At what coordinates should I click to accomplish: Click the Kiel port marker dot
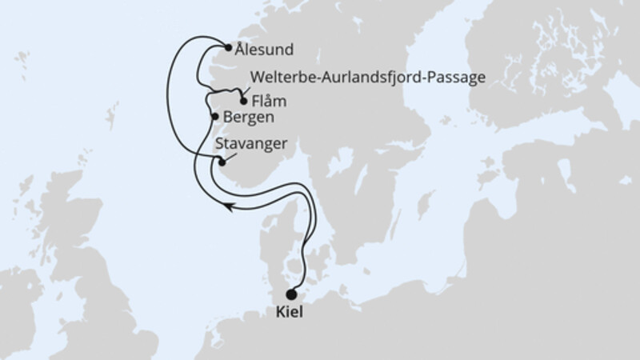(x=290, y=294)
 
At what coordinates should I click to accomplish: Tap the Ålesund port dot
(x=229, y=49)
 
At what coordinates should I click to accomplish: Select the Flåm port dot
(x=243, y=102)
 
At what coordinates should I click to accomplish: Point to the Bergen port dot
(x=214, y=117)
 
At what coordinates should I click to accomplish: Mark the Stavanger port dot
(x=222, y=162)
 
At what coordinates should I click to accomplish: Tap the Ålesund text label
(x=264, y=50)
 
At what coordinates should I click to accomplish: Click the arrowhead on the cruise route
(x=227, y=207)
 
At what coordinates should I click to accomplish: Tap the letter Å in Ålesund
(x=241, y=49)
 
